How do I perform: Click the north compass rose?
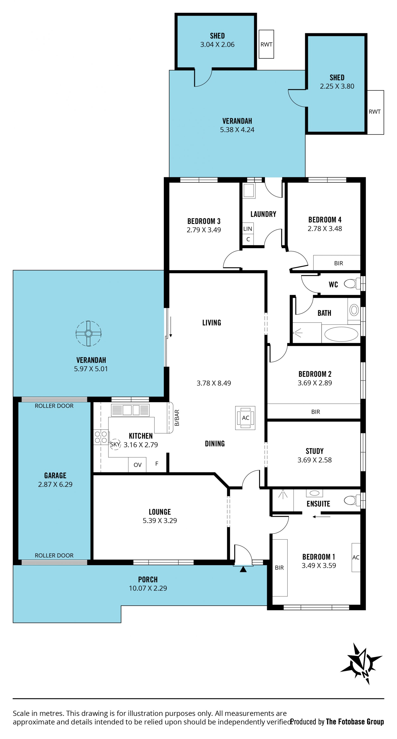pos(361,664)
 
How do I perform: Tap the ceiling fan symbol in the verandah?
pos(88,333)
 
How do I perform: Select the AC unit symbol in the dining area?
pos(245,418)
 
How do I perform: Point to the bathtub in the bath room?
pos(341,334)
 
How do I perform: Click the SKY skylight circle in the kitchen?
pos(115,444)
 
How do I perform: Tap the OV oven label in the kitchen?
pos(138,465)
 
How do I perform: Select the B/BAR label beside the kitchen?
pos(177,418)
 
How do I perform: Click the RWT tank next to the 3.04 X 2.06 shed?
pos(266,44)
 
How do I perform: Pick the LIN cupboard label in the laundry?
pos(248,229)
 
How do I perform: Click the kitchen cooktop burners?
pos(101,437)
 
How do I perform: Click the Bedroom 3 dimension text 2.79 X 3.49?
pos(204,230)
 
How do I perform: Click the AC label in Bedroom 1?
pos(356,557)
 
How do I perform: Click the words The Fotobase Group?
pos(355,721)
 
